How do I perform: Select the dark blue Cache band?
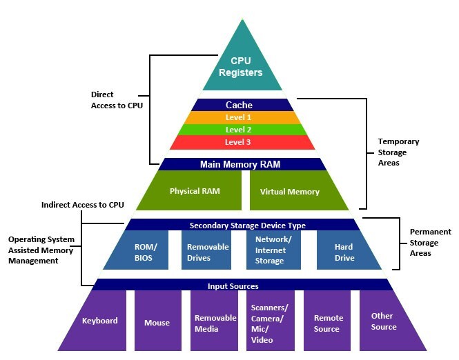pos(239,105)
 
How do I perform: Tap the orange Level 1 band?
pos(238,117)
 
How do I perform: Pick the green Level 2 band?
pos(238,130)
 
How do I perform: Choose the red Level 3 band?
pos(238,142)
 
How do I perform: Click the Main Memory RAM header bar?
pos(240,164)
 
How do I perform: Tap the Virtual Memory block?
pos(290,191)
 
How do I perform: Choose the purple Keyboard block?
pos(99,321)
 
